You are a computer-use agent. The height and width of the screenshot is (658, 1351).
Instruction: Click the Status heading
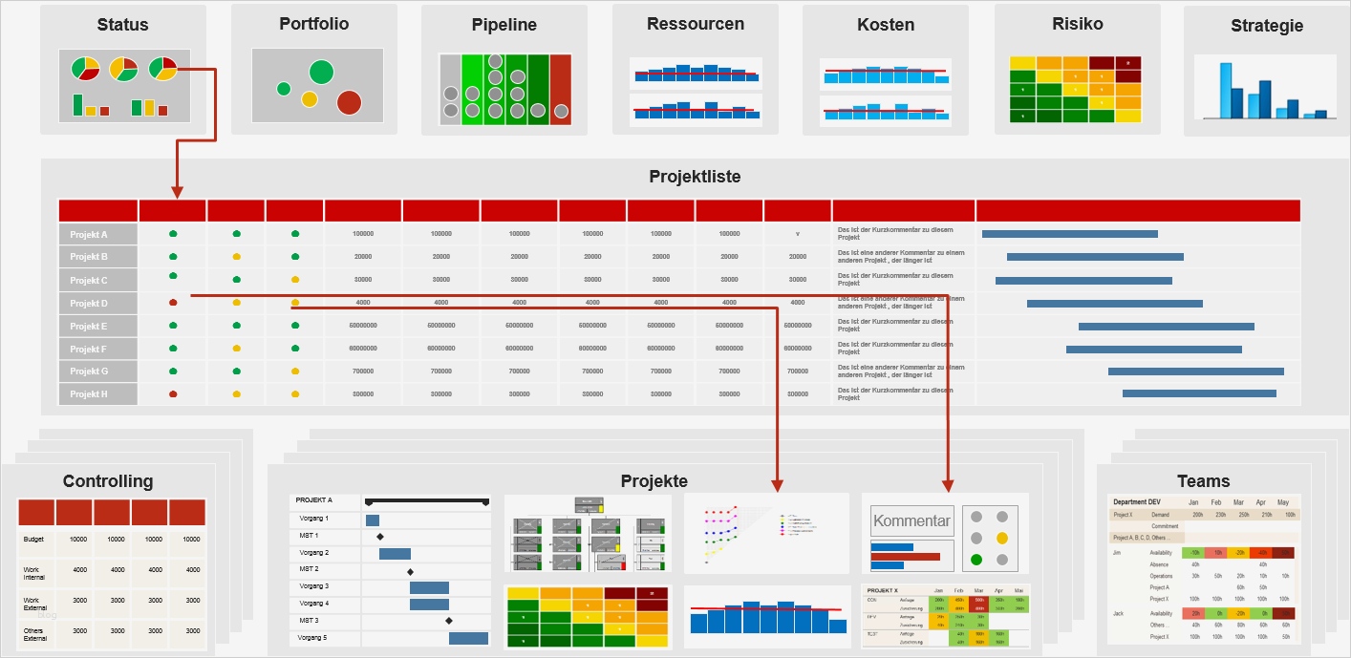(x=122, y=25)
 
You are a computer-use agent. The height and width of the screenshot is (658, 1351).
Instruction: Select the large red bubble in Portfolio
(x=349, y=102)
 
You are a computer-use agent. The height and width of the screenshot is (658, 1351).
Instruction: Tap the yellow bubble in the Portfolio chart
(x=309, y=98)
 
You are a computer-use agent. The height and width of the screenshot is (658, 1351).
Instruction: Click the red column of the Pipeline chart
(x=560, y=89)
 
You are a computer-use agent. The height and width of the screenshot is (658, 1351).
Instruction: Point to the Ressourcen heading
(x=696, y=25)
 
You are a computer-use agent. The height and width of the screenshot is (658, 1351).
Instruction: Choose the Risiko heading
(x=1077, y=25)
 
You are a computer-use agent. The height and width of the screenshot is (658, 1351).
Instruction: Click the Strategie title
(x=1267, y=26)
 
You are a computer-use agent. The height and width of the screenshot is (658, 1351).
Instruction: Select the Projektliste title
(x=695, y=177)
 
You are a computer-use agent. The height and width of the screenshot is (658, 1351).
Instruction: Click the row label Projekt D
(x=89, y=304)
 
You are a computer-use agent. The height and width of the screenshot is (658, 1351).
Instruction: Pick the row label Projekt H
(x=89, y=394)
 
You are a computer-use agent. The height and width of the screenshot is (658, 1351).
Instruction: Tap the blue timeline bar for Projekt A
(x=1069, y=234)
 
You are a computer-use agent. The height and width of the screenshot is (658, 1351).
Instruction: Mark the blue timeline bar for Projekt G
(x=1195, y=371)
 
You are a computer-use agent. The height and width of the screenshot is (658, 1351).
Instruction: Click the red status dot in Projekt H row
(x=173, y=393)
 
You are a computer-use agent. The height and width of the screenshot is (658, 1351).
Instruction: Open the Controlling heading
(x=108, y=481)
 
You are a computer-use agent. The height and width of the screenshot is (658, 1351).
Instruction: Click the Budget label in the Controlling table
(x=34, y=540)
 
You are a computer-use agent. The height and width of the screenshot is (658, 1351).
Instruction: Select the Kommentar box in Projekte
(x=911, y=521)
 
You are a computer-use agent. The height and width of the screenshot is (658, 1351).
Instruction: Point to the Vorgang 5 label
(x=313, y=637)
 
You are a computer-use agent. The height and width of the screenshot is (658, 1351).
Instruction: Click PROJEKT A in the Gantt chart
(x=314, y=500)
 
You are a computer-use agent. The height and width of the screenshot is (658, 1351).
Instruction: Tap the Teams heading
(x=1203, y=481)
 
